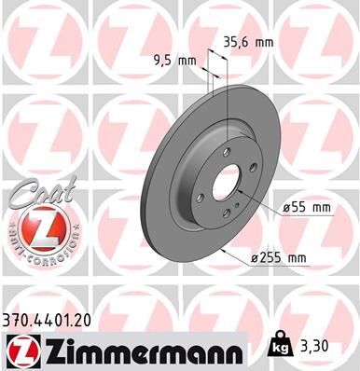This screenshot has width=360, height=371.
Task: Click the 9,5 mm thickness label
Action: click(x=174, y=61)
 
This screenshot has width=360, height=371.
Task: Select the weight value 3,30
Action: click(x=319, y=345)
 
